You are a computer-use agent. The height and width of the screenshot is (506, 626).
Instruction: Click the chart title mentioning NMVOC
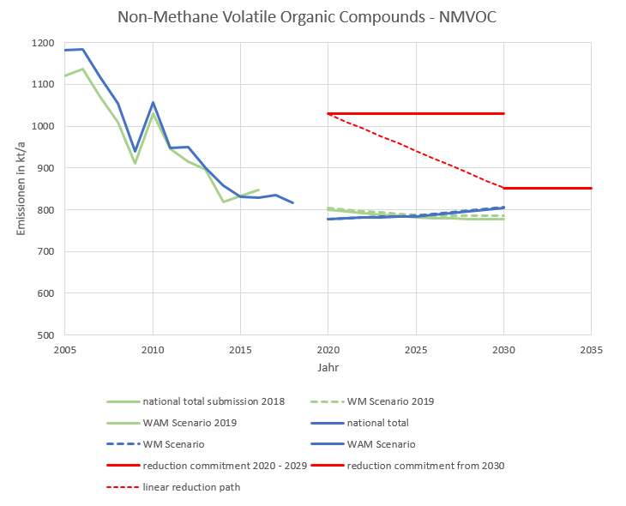[x=313, y=16]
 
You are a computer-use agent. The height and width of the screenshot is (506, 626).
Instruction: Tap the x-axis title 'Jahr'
[x=328, y=366]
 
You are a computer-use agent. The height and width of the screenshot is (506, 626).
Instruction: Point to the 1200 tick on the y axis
[x=42, y=43]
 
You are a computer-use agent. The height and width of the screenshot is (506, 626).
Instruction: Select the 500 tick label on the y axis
[x=45, y=335]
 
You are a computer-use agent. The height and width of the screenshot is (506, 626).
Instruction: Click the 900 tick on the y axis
[x=45, y=168]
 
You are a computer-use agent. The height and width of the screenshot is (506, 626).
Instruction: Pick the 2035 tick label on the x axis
[x=591, y=349]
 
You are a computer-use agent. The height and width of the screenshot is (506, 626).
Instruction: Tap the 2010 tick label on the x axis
[x=153, y=349]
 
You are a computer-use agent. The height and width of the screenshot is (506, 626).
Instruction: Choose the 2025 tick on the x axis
[x=416, y=349]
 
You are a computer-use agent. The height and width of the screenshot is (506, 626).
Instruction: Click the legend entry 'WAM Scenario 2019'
[x=190, y=423]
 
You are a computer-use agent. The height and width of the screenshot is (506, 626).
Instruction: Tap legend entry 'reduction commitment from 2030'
[x=425, y=466]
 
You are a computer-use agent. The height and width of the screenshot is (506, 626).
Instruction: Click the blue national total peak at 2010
[x=153, y=103]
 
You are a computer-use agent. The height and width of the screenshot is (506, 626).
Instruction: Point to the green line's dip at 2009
[x=135, y=163]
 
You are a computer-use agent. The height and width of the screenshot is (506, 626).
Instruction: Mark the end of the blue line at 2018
[x=293, y=203]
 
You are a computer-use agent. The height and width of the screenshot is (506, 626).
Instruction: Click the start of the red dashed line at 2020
[x=328, y=113]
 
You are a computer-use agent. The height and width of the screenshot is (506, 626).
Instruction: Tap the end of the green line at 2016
[x=258, y=190]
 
